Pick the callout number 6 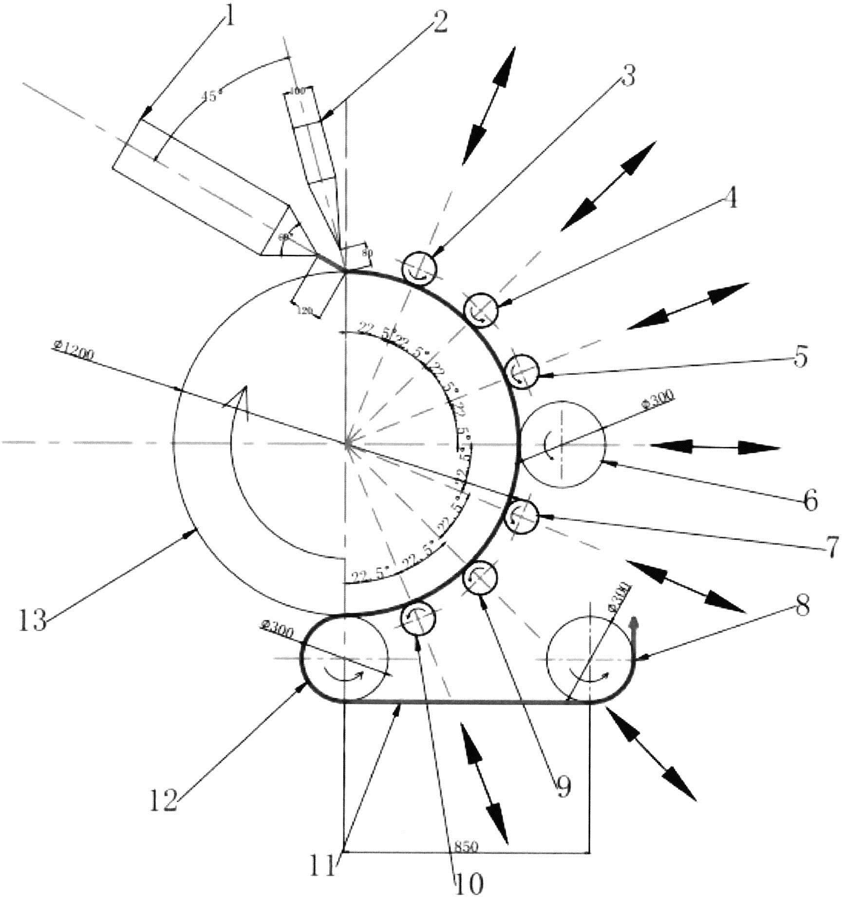pyautogui.click(x=809, y=501)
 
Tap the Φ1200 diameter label pyautogui.click(x=73, y=350)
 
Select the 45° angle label pyautogui.click(x=212, y=96)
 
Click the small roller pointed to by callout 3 pyautogui.click(x=420, y=268)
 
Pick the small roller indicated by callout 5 pyautogui.click(x=522, y=371)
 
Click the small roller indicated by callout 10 pyautogui.click(x=417, y=618)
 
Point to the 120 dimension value pyautogui.click(x=305, y=311)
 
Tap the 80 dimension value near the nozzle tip pyautogui.click(x=367, y=252)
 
